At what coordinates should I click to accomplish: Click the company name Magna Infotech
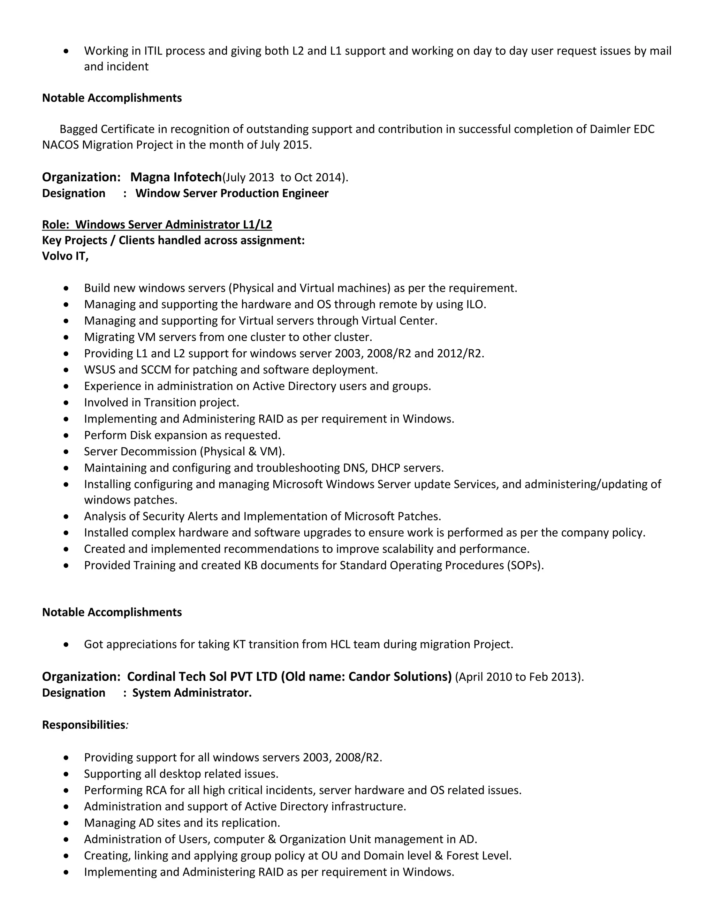click(176, 177)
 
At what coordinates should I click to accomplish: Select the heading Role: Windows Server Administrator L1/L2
click(157, 225)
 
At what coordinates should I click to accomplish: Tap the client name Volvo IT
click(65, 256)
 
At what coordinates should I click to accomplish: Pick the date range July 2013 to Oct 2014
click(284, 177)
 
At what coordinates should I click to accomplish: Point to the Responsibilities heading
click(83, 725)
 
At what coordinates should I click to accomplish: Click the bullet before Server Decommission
click(66, 452)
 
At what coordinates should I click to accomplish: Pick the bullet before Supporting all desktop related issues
click(66, 774)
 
